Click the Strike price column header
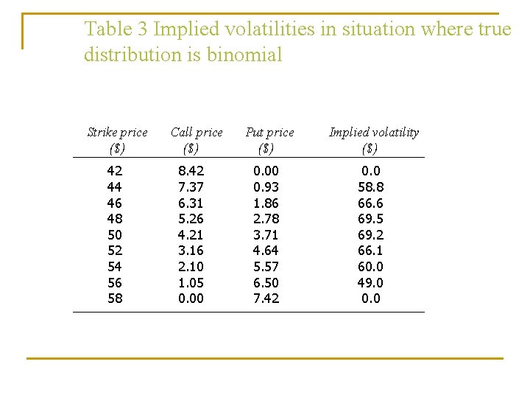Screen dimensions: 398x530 [x=117, y=140]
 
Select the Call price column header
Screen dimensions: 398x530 [x=197, y=140]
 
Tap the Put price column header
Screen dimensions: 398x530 [x=269, y=140]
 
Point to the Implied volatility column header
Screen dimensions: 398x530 [x=373, y=140]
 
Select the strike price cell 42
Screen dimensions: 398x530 [x=116, y=171]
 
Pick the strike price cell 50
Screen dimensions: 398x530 [x=116, y=235]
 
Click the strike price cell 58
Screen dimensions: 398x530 [x=116, y=298]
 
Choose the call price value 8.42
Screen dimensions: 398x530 [x=191, y=171]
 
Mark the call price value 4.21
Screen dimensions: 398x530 [x=191, y=235]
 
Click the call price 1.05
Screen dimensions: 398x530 [x=191, y=282]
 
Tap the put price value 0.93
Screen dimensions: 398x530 [x=266, y=187]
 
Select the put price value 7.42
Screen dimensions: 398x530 [x=266, y=298]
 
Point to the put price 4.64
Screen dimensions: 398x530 [x=266, y=251]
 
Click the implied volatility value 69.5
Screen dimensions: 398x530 [x=371, y=219]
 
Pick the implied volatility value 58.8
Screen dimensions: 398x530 [x=371, y=187]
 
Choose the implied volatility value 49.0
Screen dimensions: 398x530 [x=371, y=282]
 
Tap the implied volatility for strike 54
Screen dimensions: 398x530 [x=371, y=267]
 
